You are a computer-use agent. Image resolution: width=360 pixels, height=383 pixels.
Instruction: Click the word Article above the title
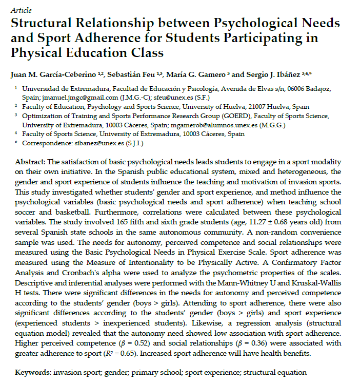click(21, 10)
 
